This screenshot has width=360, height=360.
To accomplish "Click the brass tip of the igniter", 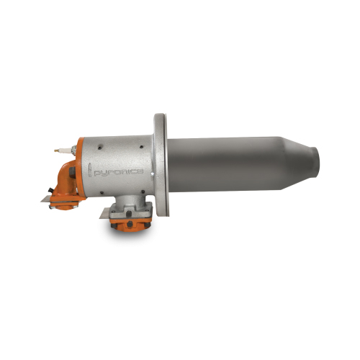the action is point(56,151).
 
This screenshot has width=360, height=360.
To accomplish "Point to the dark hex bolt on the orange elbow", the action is point(72,172).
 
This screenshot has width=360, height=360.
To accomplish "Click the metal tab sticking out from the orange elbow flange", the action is point(45,199).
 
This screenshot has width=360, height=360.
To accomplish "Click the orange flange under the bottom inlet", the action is point(130,224).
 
